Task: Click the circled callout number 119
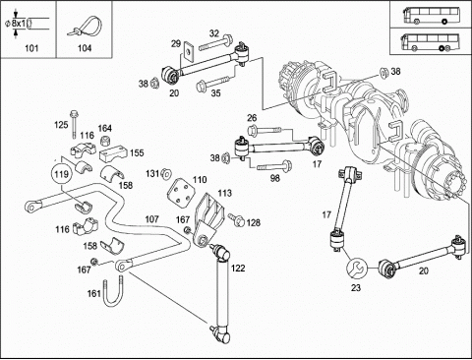coord(62,174)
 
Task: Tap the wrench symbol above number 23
coord(356,268)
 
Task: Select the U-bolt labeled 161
coord(114,293)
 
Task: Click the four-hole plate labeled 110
coord(181,192)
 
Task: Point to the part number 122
coord(238,269)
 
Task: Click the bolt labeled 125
coord(74,125)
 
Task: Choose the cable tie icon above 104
coord(85,27)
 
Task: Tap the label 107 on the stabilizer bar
coord(151,219)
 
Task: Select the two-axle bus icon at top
coord(426,15)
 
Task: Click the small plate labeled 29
coord(188,51)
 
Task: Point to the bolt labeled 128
coord(237,219)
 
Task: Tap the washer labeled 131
coord(166,173)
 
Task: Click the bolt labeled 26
coord(265,130)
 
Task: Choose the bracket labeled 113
coord(207,218)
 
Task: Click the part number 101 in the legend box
coord(31,48)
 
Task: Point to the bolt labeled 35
coord(212,83)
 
